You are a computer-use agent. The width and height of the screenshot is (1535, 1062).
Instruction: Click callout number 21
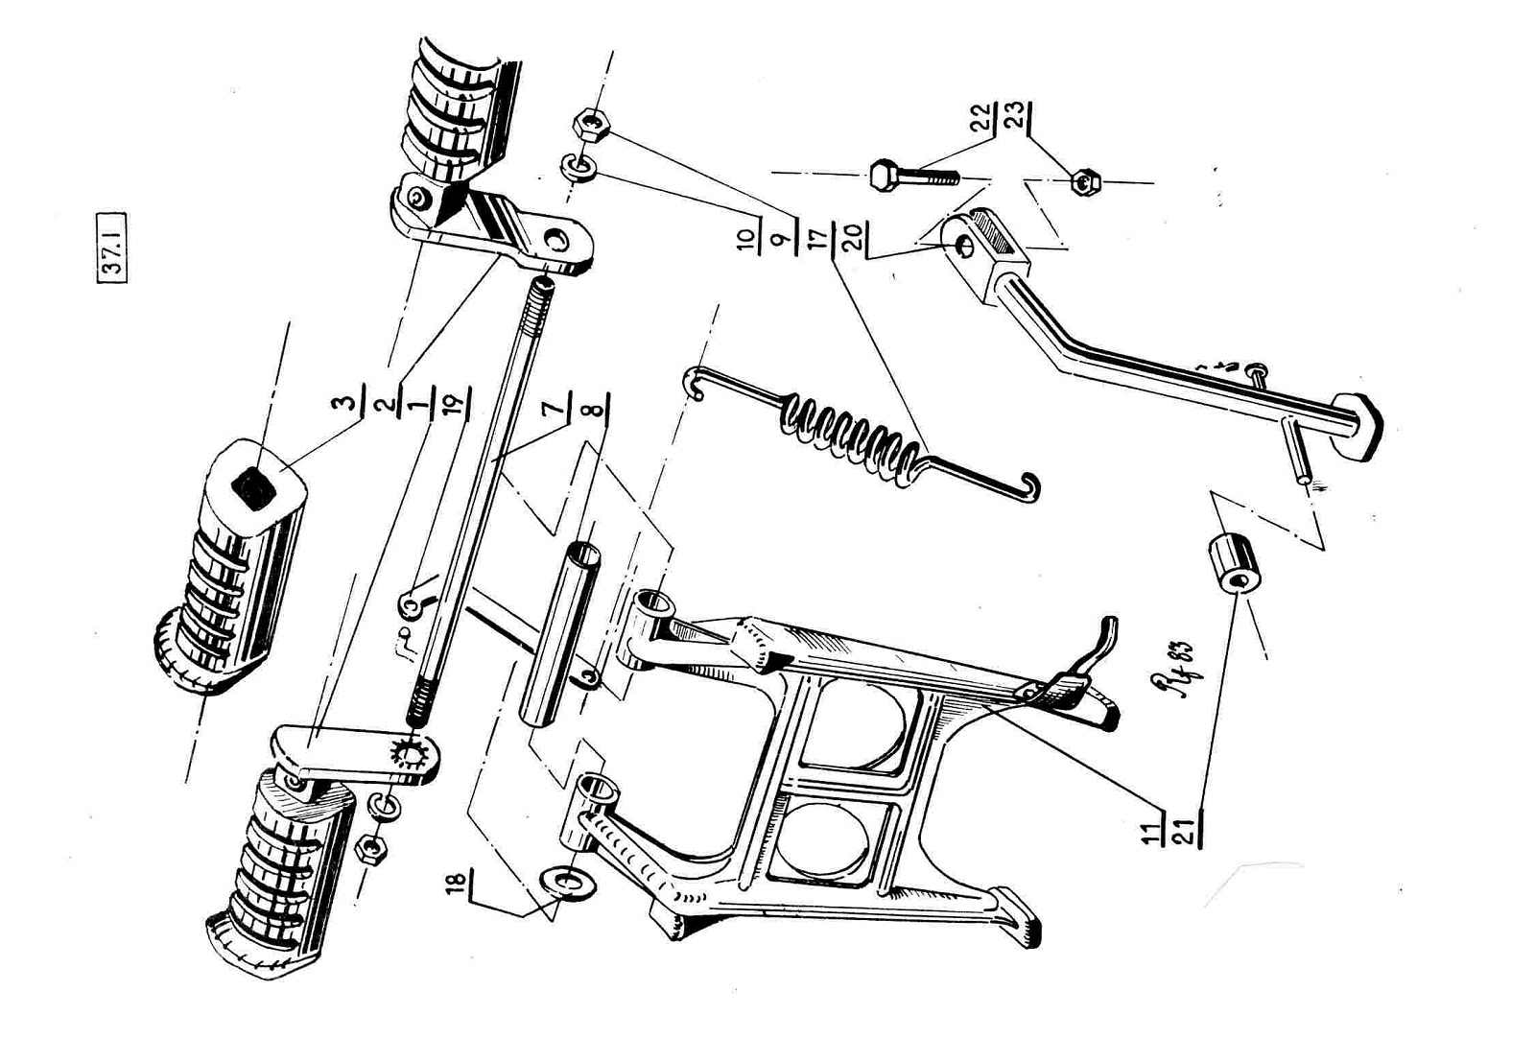point(1188,829)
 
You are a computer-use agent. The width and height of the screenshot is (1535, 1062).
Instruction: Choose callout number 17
point(818,236)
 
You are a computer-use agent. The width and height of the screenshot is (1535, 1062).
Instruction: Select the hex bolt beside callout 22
point(911,176)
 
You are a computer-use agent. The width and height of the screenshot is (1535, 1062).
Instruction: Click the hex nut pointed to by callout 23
point(1085,181)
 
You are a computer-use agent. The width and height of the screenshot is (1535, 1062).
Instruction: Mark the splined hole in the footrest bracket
point(414,752)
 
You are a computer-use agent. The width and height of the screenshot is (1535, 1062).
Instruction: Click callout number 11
point(1151,829)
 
